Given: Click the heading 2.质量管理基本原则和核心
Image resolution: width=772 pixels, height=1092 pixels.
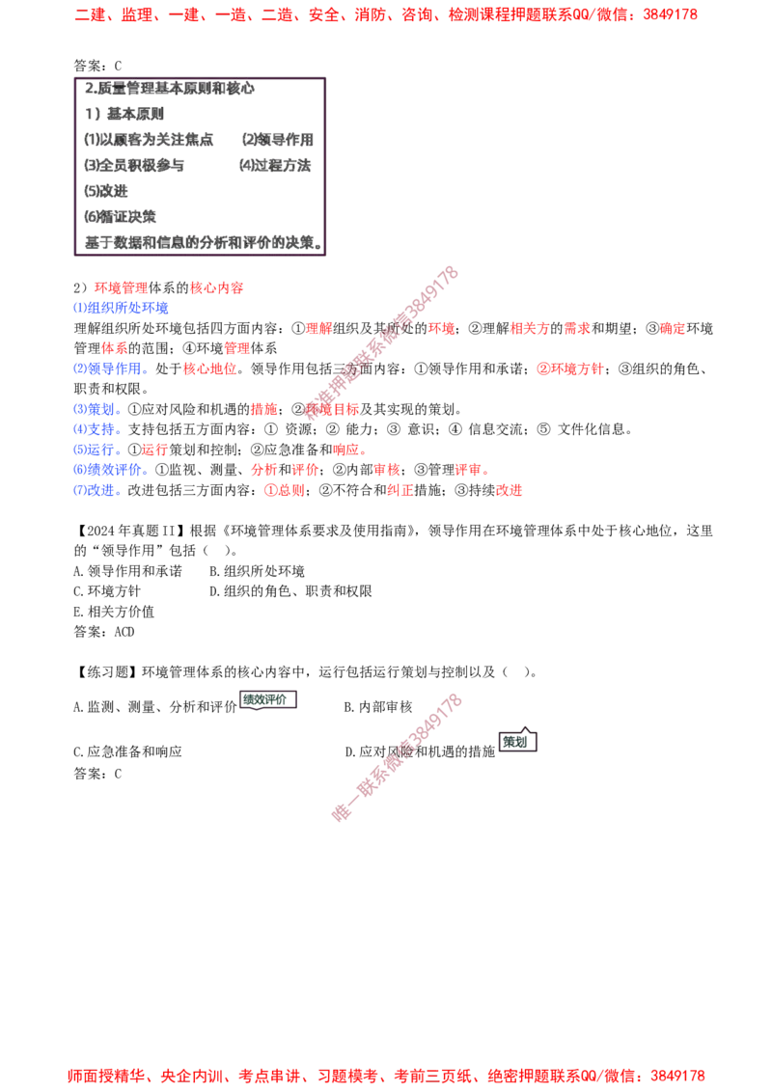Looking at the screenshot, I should pyautogui.click(x=169, y=89).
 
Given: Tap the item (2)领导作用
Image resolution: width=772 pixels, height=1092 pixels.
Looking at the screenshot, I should pyautogui.click(x=277, y=140).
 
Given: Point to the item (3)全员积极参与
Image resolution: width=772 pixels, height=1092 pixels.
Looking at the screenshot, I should pyautogui.click(x=134, y=165).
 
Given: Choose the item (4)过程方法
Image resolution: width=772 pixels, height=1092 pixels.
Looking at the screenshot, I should pyautogui.click(x=277, y=165).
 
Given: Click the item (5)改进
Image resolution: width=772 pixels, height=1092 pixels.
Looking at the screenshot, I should pyautogui.click(x=107, y=191).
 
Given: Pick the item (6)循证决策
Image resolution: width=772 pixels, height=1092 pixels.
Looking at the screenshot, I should pyautogui.click(x=121, y=216).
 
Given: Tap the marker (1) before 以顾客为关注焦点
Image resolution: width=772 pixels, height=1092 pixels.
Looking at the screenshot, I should pyautogui.click(x=92, y=140).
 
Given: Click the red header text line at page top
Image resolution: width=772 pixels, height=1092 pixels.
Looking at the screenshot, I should pyautogui.click(x=386, y=15).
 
